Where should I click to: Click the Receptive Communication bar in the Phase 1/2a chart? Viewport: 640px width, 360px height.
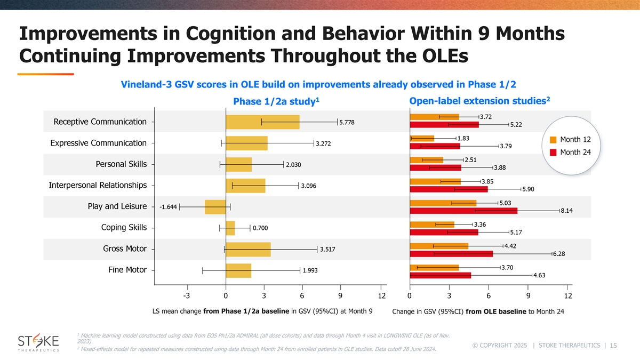pyautogui.click(x=262, y=122)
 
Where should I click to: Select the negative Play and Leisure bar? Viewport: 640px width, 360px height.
pyautogui.click(x=215, y=207)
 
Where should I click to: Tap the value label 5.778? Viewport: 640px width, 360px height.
pyautogui.click(x=350, y=122)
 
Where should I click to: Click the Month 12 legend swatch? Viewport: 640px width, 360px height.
pyautogui.click(x=553, y=140)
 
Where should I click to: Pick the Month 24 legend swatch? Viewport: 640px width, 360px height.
pyautogui.click(x=553, y=153)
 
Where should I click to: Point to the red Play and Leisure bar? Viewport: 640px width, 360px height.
pyautogui.click(x=463, y=211)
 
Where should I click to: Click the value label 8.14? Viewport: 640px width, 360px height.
pyautogui.click(x=567, y=211)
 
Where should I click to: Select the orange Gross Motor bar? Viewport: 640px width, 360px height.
pyautogui.click(x=438, y=246)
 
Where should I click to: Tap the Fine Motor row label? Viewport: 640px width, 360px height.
pyautogui.click(x=127, y=270)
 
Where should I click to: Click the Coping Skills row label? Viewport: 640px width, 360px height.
pyautogui.click(x=124, y=228)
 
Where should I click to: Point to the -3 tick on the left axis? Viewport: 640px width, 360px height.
pyautogui.click(x=186, y=296)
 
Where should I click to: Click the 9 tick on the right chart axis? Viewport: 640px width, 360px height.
pyautogui.click(x=528, y=296)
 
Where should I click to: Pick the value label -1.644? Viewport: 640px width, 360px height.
pyautogui.click(x=168, y=207)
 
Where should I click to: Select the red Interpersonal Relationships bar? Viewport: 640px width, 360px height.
pyautogui.click(x=448, y=189)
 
